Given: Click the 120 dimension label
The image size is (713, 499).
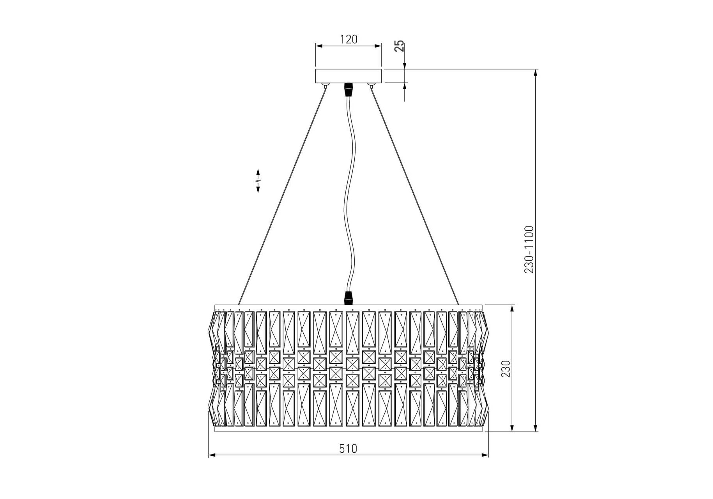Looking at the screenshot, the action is pyautogui.click(x=349, y=39).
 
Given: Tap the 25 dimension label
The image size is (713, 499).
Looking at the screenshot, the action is pyautogui.click(x=399, y=46).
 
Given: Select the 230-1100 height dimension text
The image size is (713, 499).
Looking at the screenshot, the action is pyautogui.click(x=529, y=249).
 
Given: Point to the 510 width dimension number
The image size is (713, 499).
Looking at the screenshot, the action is pyautogui.click(x=348, y=449).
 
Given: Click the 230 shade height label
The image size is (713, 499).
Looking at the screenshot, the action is pyautogui.click(x=505, y=368).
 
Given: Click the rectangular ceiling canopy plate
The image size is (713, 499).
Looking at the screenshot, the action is pyautogui.click(x=349, y=76).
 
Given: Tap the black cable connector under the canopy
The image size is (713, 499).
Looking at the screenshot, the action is pyautogui.click(x=348, y=89).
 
